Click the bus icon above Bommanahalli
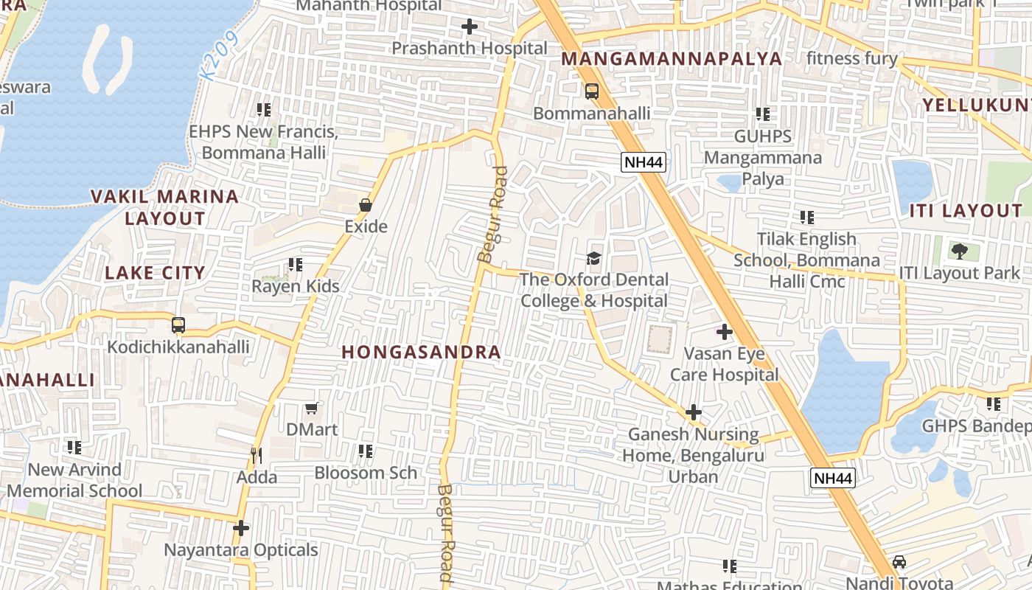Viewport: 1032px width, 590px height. tap(591, 91)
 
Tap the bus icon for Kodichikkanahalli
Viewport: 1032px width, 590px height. tap(178, 325)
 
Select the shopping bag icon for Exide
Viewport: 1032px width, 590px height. tap(366, 204)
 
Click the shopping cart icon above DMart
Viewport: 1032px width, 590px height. tap(312, 408)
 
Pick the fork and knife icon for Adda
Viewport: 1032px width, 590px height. tap(257, 455)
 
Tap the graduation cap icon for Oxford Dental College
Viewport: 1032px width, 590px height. tap(593, 258)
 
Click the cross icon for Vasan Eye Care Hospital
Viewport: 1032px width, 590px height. tap(725, 332)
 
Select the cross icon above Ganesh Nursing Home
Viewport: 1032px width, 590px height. tap(693, 413)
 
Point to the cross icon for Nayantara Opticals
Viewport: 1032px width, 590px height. tap(240, 528)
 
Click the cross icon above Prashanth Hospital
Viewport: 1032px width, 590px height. tap(469, 27)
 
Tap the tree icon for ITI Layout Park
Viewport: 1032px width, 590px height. tap(959, 251)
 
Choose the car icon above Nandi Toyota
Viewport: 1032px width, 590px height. tap(899, 562)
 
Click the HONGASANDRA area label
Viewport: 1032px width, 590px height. tap(422, 353)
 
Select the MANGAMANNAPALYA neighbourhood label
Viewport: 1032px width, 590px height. tap(672, 59)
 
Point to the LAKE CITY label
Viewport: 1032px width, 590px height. tap(155, 273)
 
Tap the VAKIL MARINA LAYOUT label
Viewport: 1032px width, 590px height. tap(164, 207)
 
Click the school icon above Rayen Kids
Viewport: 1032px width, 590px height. tap(296, 264)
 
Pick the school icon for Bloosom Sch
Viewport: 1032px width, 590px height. tap(366, 451)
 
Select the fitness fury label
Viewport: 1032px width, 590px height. tap(851, 59)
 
